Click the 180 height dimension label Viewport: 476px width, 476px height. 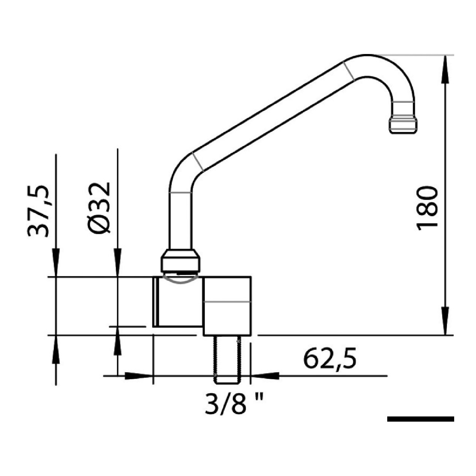(426, 208)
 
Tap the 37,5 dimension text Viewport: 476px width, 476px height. (38, 211)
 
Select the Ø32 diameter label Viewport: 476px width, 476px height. (99, 207)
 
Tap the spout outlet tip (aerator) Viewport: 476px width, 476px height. (403, 125)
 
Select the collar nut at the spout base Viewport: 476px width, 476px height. (180, 261)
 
